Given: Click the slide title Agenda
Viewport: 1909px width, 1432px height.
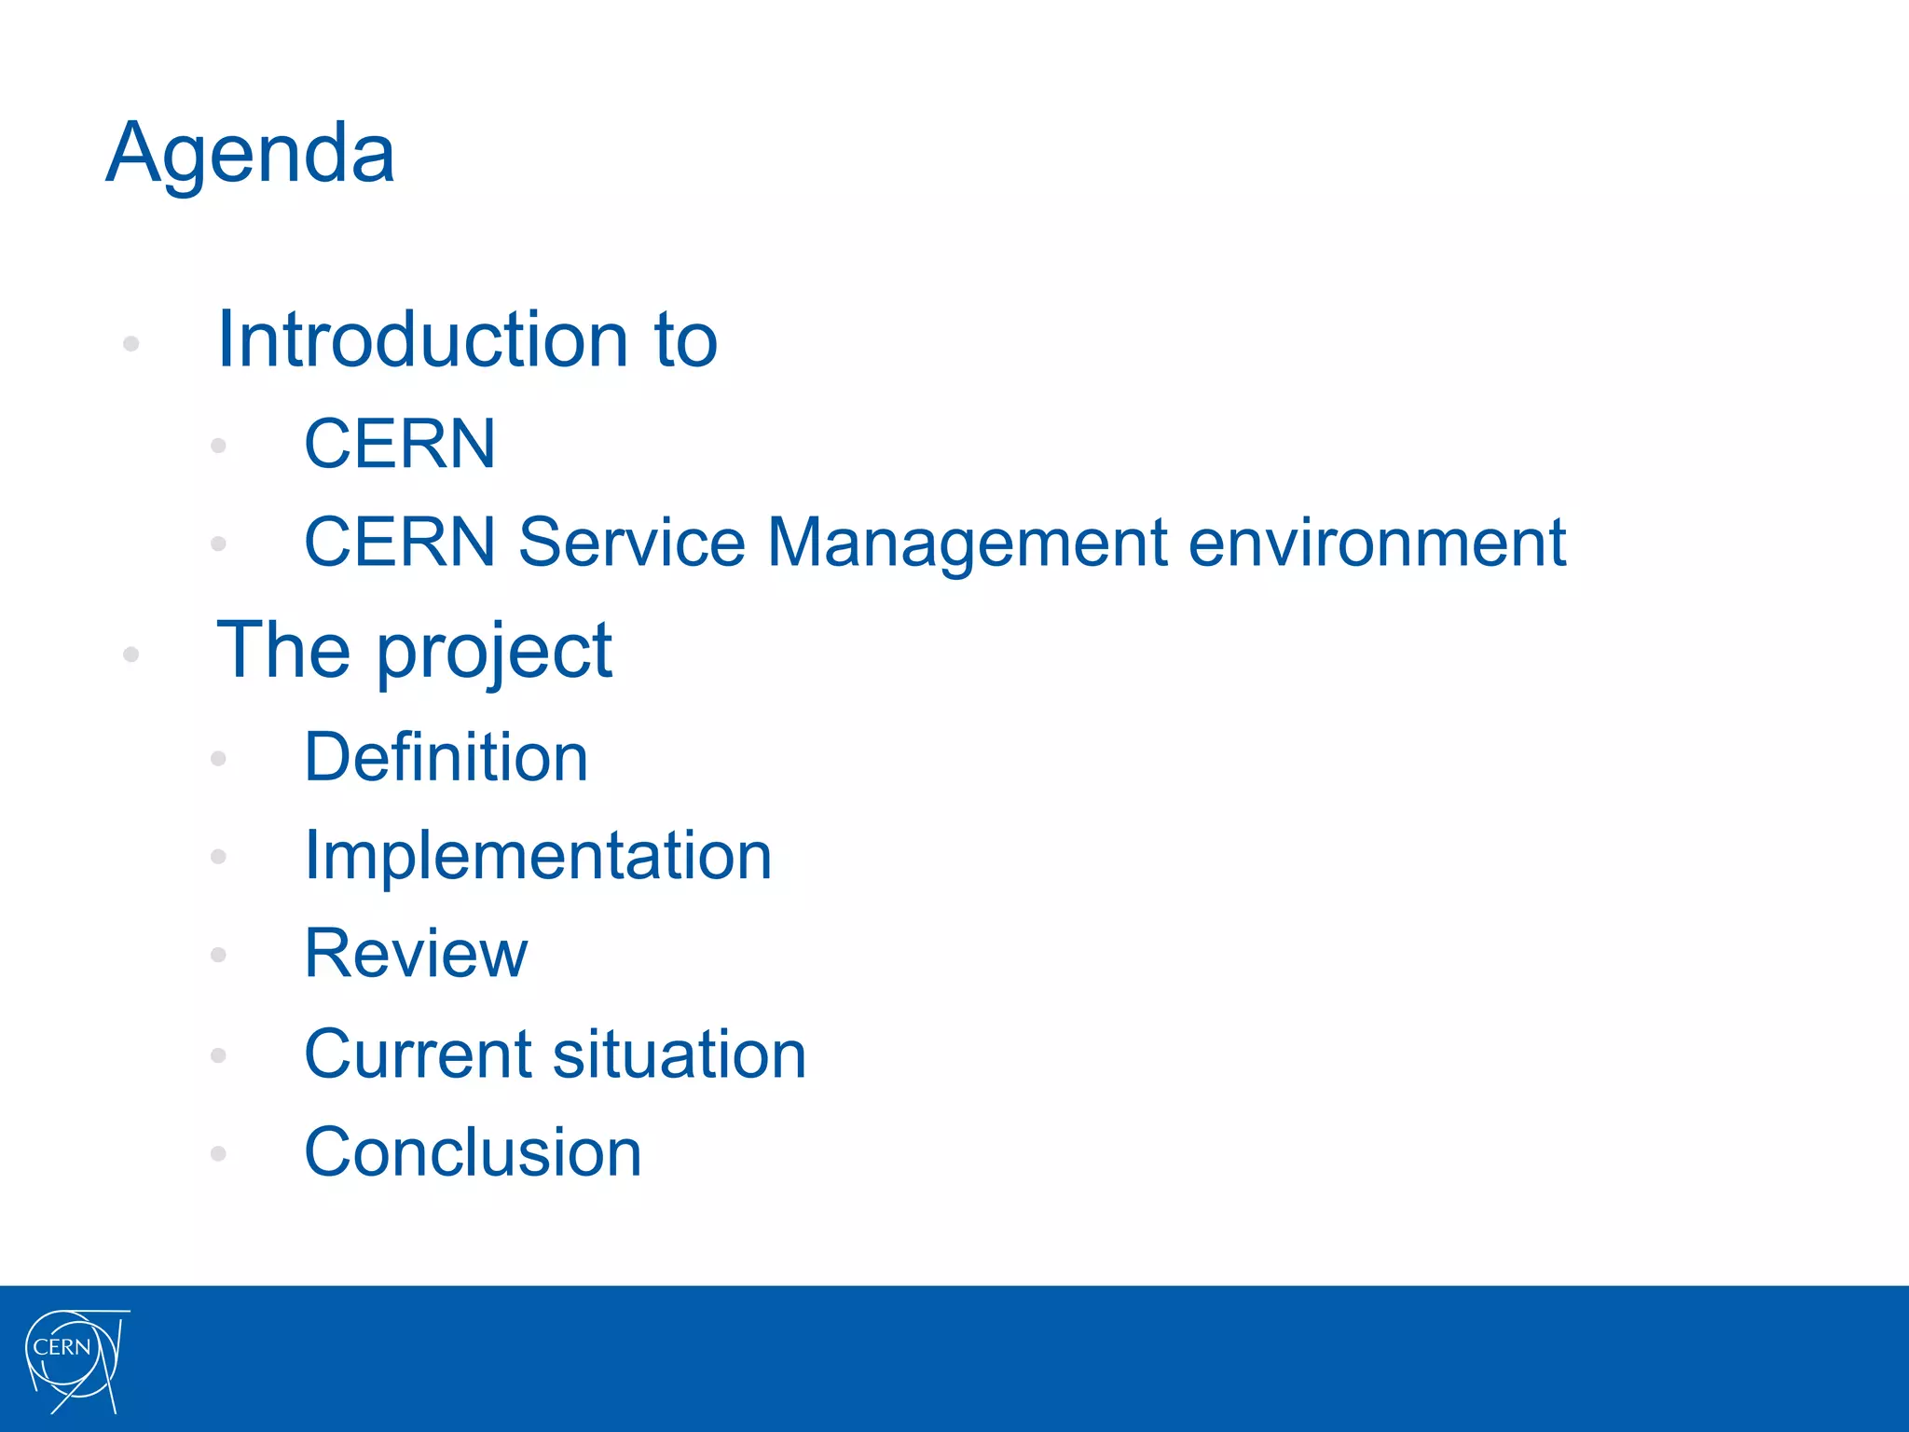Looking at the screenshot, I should [250, 154].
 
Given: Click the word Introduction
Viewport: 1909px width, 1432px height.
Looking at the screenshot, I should [422, 339].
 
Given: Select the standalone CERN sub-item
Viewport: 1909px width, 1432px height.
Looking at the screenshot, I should [400, 444].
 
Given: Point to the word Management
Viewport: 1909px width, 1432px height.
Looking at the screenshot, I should [967, 544].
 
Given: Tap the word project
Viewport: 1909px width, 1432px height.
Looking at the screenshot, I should [494, 653].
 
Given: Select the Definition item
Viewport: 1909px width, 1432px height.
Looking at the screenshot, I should [446, 757].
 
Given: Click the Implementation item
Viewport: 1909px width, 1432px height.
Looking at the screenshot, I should [538, 856].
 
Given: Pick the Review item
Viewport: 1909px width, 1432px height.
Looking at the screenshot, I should [416, 954].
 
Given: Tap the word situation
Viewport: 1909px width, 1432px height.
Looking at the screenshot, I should [680, 1054].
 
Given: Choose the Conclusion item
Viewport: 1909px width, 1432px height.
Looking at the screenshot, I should [473, 1152].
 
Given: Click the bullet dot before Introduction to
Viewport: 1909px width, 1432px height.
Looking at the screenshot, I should [131, 344].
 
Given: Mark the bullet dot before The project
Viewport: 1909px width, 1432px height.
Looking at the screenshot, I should [131, 654].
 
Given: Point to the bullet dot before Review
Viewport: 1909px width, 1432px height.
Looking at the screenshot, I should [219, 955].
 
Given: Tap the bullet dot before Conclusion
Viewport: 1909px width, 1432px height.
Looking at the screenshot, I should [219, 1154].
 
